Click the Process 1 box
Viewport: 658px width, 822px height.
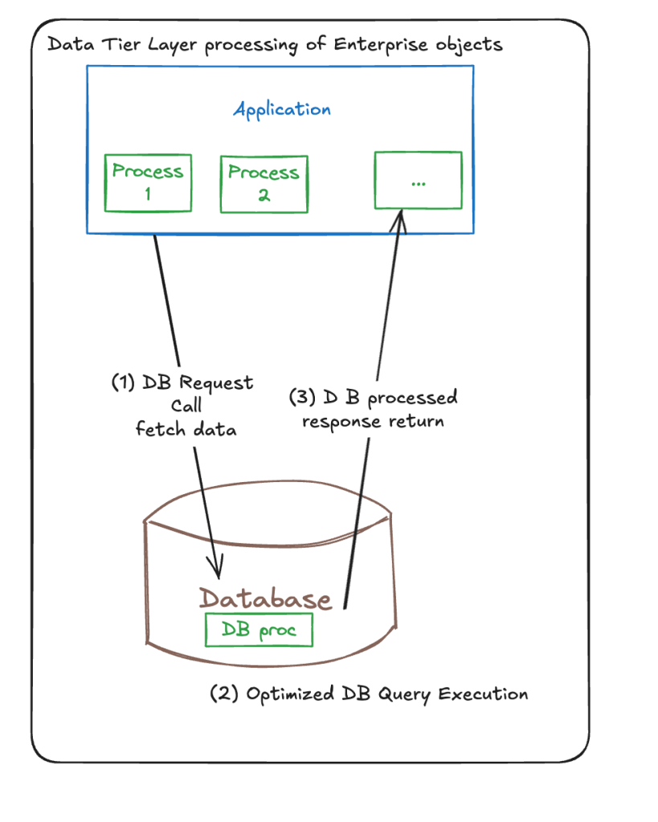[148, 182]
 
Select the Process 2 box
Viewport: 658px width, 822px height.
[264, 183]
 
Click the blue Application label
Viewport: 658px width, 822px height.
[282, 109]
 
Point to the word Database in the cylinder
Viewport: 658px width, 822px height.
[265, 599]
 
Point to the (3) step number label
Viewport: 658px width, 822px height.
[300, 398]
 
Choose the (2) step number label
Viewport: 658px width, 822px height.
[224, 694]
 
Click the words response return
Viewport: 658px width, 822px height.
[373, 420]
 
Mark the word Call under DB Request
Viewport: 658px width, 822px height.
[187, 406]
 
